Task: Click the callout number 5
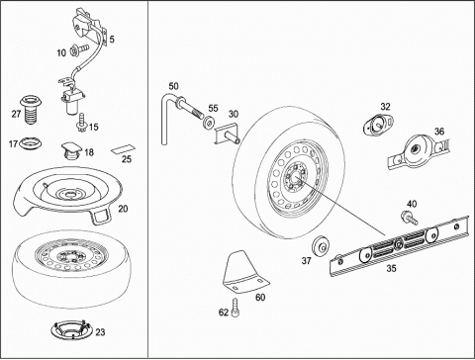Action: pos(112,40)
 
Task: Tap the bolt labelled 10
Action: pos(79,50)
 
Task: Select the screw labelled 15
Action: pos(80,122)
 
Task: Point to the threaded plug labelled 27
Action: pos(32,109)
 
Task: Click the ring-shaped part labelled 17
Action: pos(31,142)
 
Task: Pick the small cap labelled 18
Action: pos(71,150)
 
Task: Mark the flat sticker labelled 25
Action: pos(123,150)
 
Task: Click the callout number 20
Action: pos(123,209)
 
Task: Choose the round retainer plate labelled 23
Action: pos(71,329)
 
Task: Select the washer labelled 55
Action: pos(208,124)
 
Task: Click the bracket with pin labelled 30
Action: pos(227,133)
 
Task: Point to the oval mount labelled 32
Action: pos(378,124)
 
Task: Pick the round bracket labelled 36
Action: pos(418,151)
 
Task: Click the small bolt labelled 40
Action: pos(409,218)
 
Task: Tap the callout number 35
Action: pos(391,268)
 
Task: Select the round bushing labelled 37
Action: pos(321,246)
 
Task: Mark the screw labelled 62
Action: pos(236,308)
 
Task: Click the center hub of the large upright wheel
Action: pos(295,176)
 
